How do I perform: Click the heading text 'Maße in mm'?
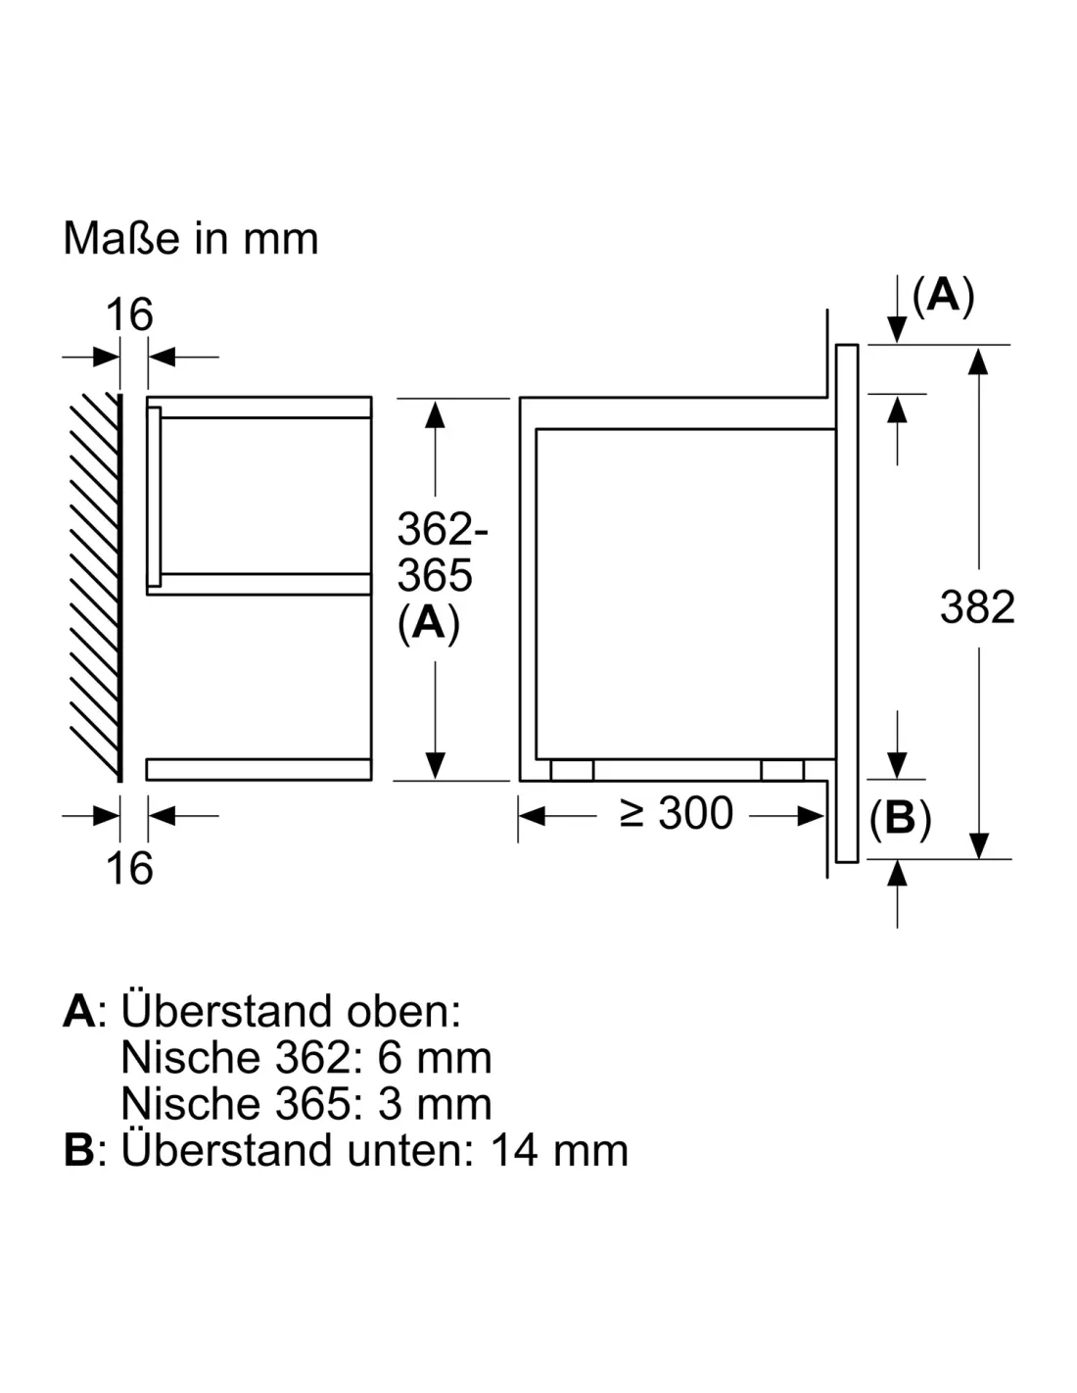tap(190, 239)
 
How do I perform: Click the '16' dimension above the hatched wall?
tap(129, 314)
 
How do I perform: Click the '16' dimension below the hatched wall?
tap(129, 868)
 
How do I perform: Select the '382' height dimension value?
tap(977, 606)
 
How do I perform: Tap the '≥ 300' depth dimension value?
tap(676, 813)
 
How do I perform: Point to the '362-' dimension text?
tap(443, 528)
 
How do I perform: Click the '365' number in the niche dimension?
tap(435, 575)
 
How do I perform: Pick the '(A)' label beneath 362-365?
tap(429, 624)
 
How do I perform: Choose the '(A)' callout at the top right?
tap(943, 297)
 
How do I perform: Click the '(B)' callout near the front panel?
tap(900, 819)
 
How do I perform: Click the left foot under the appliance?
tap(572, 770)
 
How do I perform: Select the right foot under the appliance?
tap(782, 770)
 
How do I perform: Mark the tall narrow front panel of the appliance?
tap(847, 603)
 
